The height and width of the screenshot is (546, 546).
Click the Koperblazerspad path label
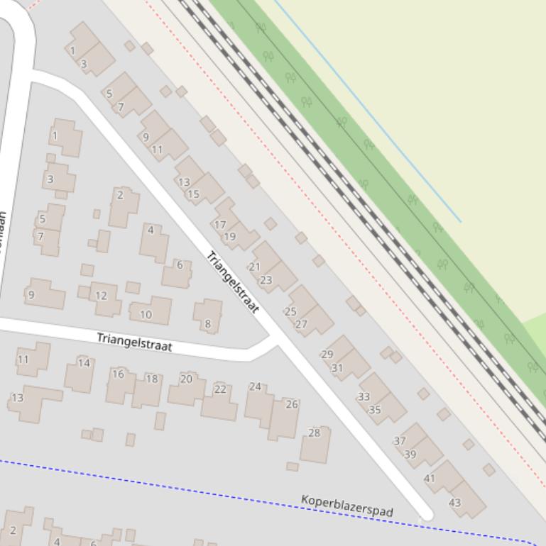(347, 506)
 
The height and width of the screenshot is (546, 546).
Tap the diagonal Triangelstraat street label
(233, 282)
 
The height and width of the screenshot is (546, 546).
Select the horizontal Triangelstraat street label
(135, 342)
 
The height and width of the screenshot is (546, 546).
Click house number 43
(455, 503)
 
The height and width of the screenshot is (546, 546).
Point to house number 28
(315, 433)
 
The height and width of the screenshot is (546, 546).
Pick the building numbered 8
(208, 323)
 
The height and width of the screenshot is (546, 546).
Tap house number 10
(146, 314)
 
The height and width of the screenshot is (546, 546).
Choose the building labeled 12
(101, 296)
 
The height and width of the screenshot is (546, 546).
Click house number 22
(220, 389)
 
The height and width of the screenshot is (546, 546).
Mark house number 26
(292, 404)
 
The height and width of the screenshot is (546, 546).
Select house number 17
(220, 225)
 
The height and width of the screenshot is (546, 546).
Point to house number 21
(254, 267)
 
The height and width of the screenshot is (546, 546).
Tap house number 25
(290, 311)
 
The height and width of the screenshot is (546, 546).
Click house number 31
(337, 368)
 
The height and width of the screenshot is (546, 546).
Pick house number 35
(376, 409)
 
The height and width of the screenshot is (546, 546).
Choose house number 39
(410, 455)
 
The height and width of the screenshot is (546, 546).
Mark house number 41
(430, 479)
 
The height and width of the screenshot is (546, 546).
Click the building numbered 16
(118, 374)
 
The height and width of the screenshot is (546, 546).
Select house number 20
(186, 379)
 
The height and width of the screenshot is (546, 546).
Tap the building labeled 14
(84, 363)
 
